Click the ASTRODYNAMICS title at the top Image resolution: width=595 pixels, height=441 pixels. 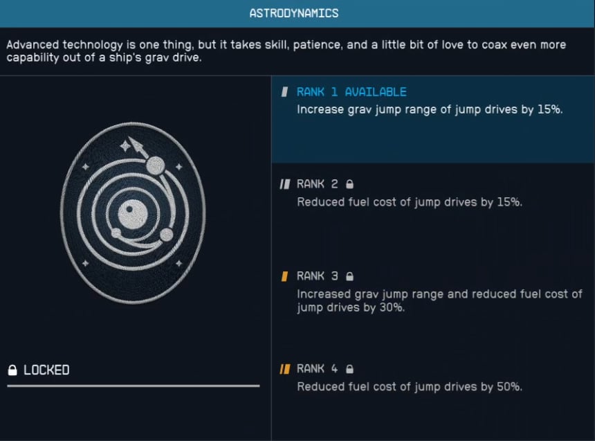(294, 13)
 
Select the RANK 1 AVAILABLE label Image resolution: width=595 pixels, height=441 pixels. (351, 92)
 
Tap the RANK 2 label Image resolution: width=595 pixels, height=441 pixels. (318, 184)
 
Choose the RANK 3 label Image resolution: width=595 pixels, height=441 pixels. (318, 276)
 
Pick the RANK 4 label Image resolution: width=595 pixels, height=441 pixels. (318, 369)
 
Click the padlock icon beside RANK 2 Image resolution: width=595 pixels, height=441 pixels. (349, 184)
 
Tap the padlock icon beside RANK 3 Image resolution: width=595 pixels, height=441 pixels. (349, 276)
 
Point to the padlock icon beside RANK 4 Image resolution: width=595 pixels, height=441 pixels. (349, 369)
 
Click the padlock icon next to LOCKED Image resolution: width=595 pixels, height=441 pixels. (12, 370)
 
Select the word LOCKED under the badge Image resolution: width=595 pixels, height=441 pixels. (46, 370)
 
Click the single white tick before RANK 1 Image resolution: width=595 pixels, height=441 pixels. (284, 92)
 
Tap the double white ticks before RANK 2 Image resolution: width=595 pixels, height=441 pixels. (284, 184)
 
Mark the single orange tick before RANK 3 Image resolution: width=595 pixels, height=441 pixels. (284, 276)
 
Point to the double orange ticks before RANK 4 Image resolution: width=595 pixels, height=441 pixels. (284, 369)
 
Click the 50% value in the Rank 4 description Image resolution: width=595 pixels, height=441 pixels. (508, 387)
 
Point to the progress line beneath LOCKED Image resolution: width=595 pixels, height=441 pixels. (133, 386)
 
